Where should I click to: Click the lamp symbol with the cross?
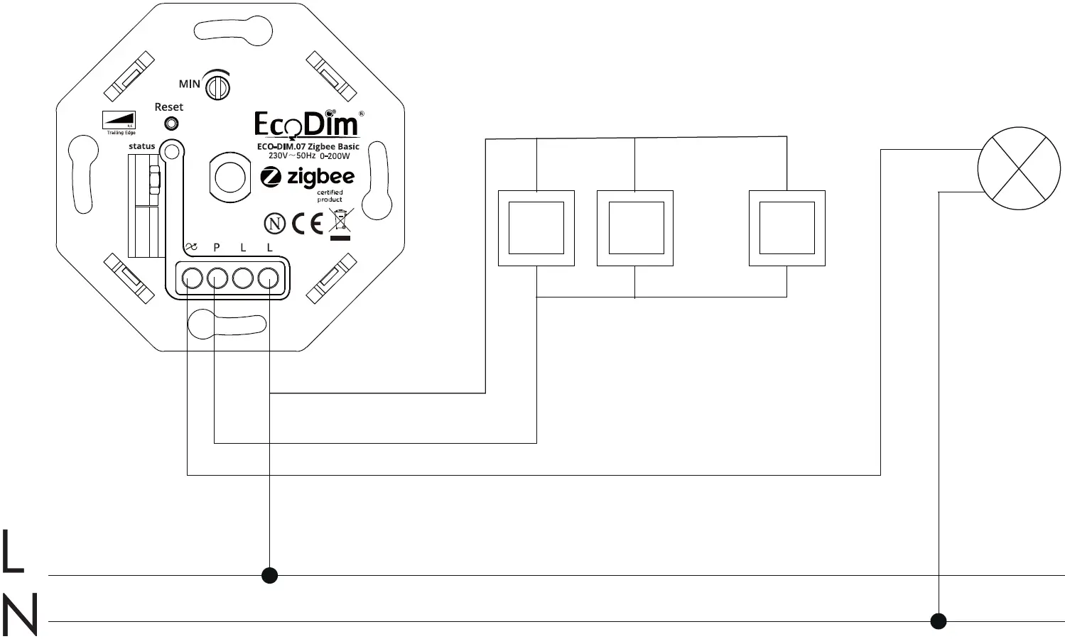(x=1019, y=169)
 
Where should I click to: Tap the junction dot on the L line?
(x=269, y=575)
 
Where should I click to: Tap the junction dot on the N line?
(x=939, y=621)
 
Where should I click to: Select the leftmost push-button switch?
(x=536, y=228)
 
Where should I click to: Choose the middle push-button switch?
(x=635, y=228)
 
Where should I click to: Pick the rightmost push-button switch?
(x=787, y=228)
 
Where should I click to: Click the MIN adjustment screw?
(x=217, y=87)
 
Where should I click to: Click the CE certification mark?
(x=307, y=224)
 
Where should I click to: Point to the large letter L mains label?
(x=12, y=552)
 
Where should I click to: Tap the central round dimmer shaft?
(x=229, y=177)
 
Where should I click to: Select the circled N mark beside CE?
(x=275, y=224)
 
